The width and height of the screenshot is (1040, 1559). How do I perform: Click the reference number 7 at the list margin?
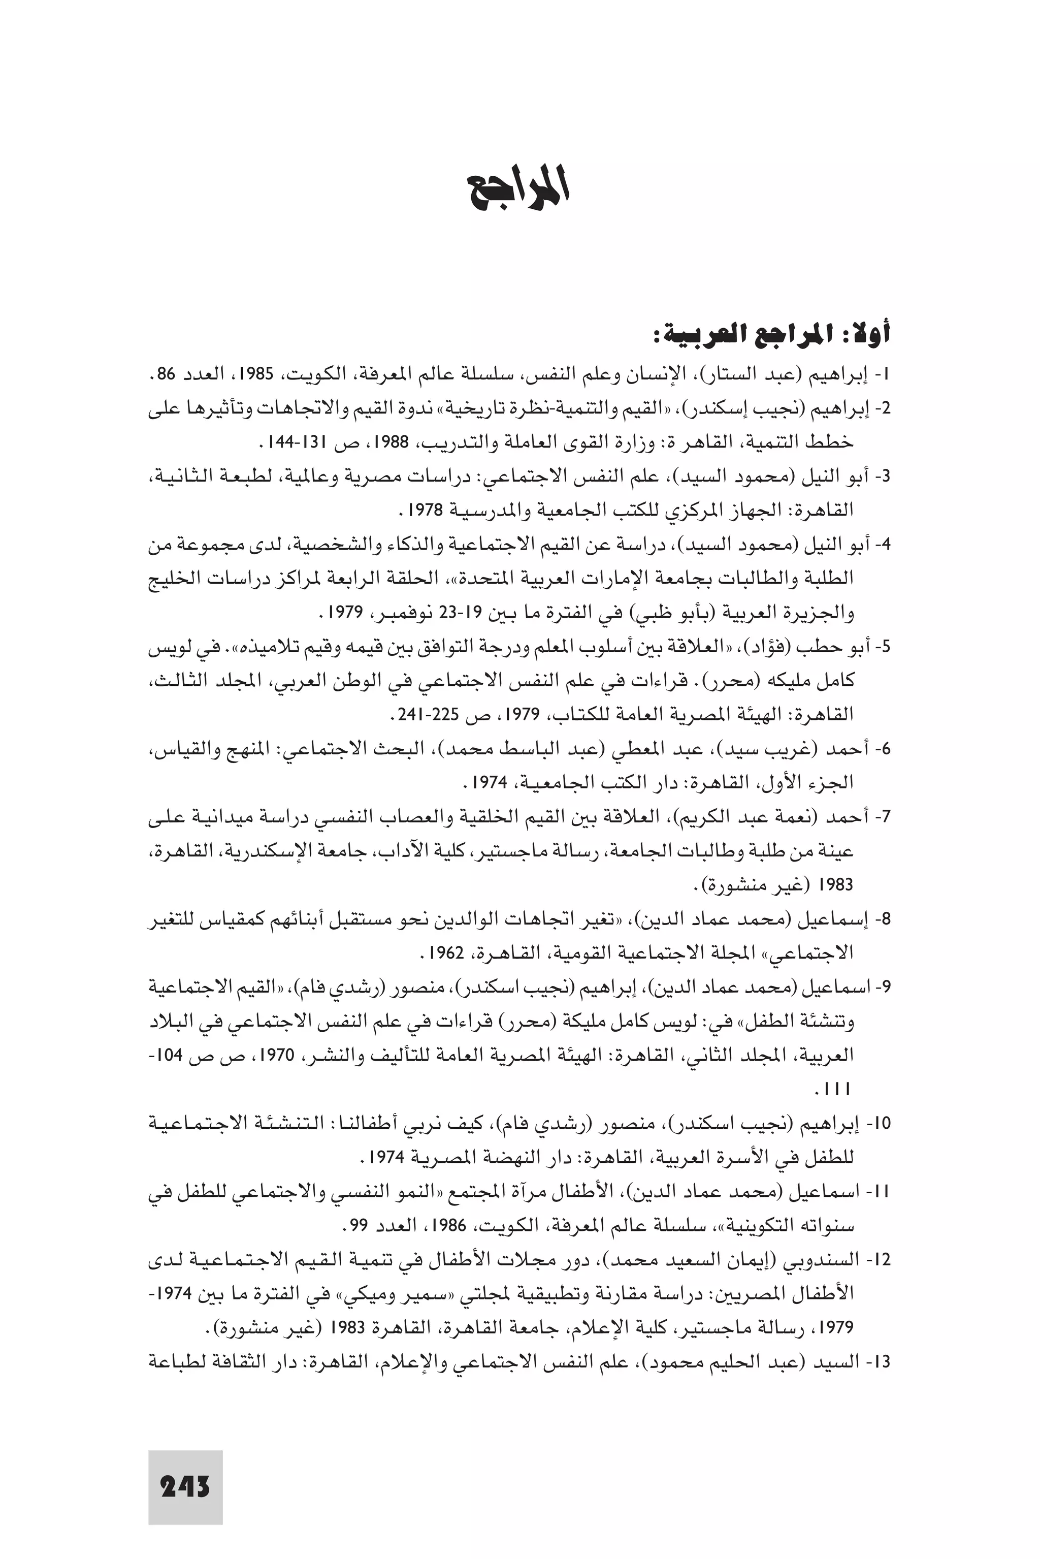882,817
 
